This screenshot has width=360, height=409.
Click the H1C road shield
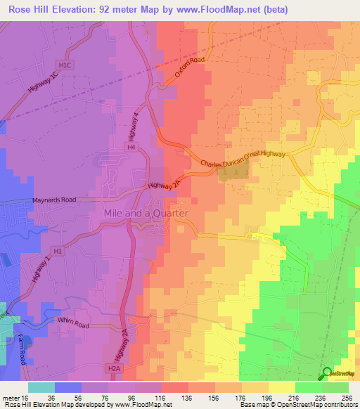[x=66, y=65]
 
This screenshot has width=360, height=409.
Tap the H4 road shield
[x=130, y=147]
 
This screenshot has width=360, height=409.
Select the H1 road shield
[x=57, y=251]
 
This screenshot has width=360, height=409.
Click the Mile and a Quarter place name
[x=146, y=213]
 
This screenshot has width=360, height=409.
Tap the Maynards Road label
[x=53, y=200]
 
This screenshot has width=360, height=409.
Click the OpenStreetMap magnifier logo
[x=326, y=372]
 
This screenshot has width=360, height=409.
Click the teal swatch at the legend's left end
[x=41, y=387]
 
